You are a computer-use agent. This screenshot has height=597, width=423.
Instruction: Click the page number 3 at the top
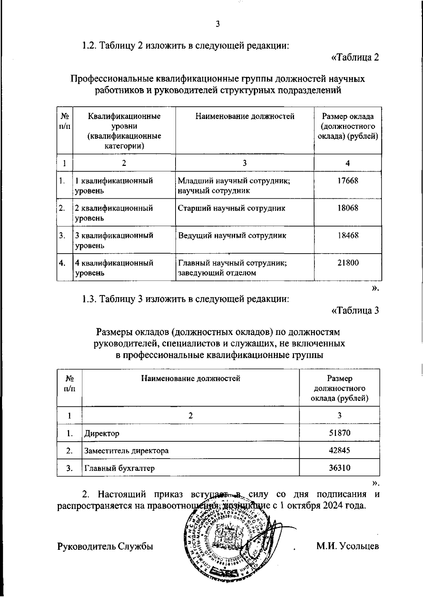[x=217, y=24]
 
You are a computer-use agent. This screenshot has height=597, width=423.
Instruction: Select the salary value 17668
[x=348, y=181]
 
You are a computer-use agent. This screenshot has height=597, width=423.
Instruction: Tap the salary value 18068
[x=348, y=208]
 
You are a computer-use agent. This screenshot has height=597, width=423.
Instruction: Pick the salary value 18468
[x=348, y=235]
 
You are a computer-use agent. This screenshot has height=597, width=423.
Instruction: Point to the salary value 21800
[x=348, y=263]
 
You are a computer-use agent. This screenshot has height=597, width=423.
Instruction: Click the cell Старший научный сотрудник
[x=231, y=208]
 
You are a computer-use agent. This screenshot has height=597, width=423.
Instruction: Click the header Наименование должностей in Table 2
[x=245, y=117]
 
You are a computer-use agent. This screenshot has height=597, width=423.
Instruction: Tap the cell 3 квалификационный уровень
[x=114, y=240]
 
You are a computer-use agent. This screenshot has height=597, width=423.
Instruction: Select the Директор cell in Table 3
[x=102, y=433]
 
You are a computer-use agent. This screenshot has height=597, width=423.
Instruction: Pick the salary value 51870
[x=339, y=433]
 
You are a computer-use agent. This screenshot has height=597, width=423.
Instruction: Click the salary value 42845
[x=339, y=450]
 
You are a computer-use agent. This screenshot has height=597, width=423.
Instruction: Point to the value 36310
[x=339, y=468]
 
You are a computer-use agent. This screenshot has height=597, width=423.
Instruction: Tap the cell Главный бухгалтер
[x=119, y=468]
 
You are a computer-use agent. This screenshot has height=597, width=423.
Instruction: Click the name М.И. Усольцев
[x=348, y=546]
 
